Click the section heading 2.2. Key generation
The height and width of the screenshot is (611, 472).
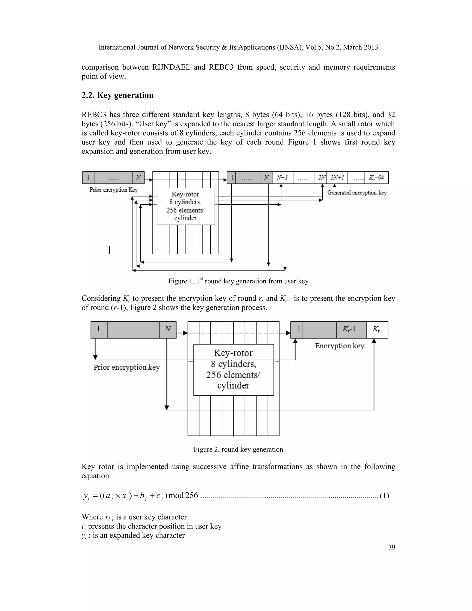click(x=118, y=95)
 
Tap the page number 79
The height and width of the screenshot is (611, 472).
click(x=392, y=547)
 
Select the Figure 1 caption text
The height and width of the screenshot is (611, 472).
click(x=238, y=281)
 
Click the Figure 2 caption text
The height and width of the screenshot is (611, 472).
click(x=238, y=449)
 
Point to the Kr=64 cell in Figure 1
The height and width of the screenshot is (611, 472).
click(x=376, y=177)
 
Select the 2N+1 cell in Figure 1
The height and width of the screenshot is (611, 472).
click(x=337, y=177)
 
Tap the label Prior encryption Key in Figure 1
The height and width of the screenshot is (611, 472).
click(x=114, y=190)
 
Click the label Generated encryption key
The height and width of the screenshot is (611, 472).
click(x=357, y=193)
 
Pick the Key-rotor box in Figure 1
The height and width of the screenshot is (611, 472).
click(x=186, y=206)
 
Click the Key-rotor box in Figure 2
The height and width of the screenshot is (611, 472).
click(x=233, y=370)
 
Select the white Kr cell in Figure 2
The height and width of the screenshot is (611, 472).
click(x=377, y=329)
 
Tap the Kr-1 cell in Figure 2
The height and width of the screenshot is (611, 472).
click(x=351, y=329)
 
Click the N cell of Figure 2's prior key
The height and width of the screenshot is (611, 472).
click(x=168, y=329)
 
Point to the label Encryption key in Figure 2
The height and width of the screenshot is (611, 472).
click(x=339, y=346)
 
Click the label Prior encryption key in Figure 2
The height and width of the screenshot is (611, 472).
click(x=126, y=367)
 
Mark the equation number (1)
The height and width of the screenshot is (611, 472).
click(x=384, y=496)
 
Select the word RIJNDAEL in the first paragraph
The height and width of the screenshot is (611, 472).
click(x=171, y=67)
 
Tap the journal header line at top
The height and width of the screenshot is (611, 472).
click(x=238, y=47)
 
